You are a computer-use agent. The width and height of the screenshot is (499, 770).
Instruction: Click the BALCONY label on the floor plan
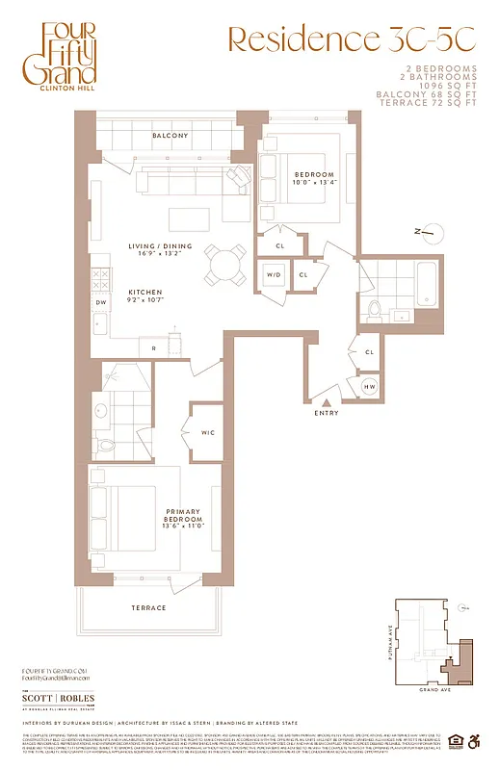[x=170, y=137]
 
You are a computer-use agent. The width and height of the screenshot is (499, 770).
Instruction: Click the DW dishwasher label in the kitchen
[x=100, y=301]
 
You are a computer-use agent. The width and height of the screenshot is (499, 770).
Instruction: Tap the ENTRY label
[x=328, y=414]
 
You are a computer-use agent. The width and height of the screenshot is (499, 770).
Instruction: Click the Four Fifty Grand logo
[x=68, y=58]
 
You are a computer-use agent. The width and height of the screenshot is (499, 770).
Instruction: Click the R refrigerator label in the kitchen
[x=153, y=346]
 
